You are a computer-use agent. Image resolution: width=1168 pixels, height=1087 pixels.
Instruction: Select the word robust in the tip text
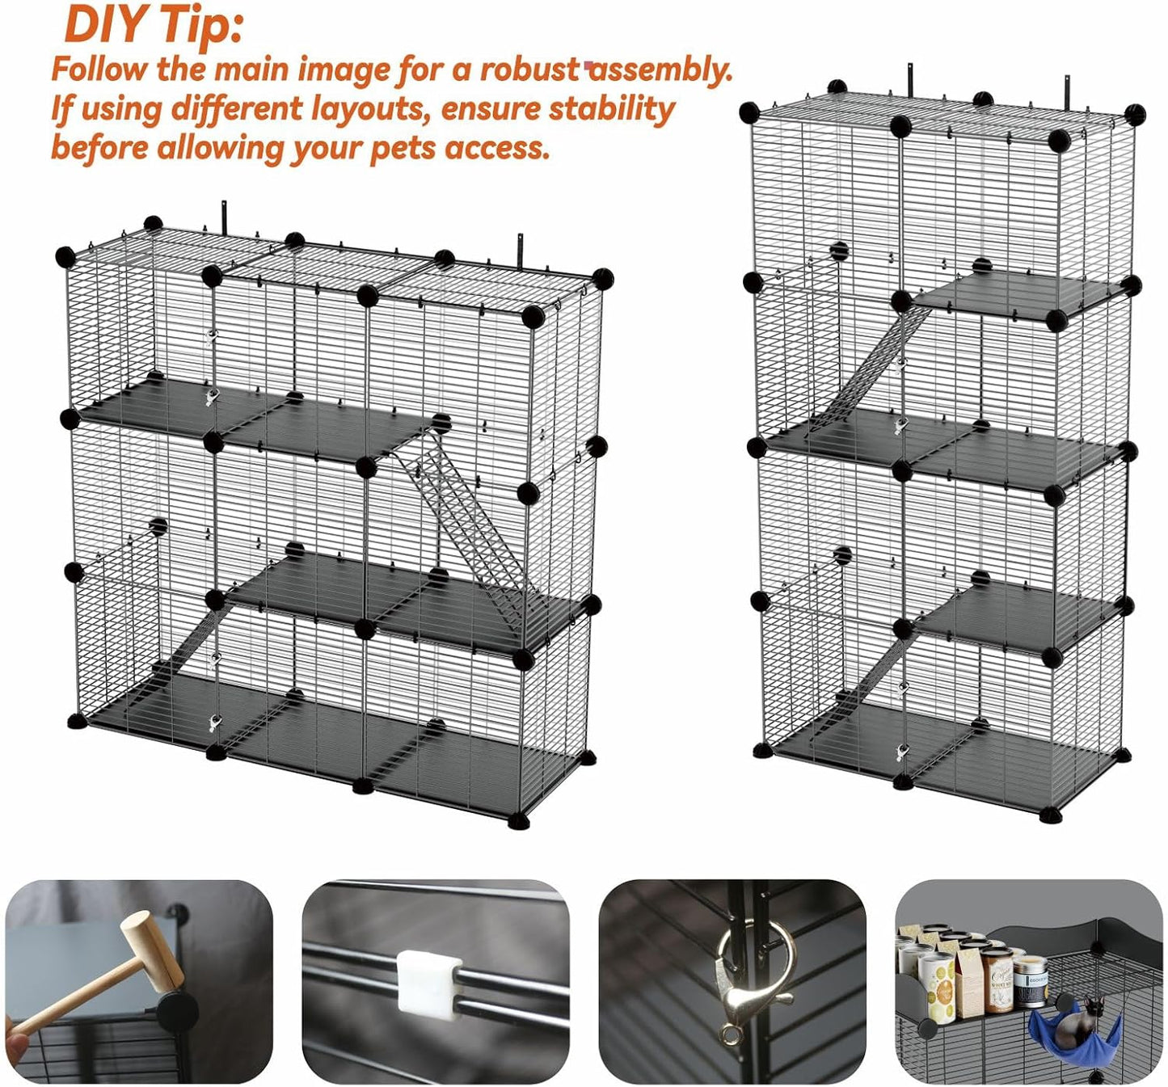pyautogui.click(x=530, y=70)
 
